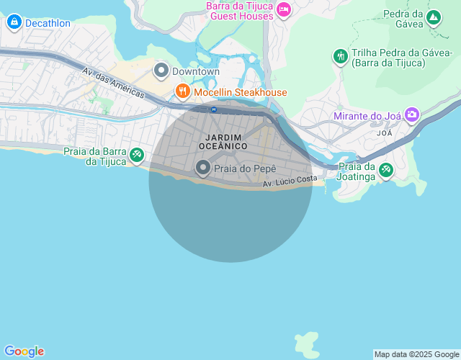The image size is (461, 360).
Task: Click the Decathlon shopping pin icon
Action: (14, 22)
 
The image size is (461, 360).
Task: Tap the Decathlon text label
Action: (48, 23)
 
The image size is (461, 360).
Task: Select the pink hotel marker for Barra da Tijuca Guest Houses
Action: (284, 9)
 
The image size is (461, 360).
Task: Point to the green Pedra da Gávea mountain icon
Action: (433, 17)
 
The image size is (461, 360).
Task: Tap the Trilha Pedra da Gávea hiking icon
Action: (340, 55)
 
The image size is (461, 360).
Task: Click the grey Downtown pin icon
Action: (161, 71)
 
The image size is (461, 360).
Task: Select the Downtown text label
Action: (195, 72)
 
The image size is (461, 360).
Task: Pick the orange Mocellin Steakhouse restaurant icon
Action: (182, 91)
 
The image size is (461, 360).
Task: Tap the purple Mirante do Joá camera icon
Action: (411, 114)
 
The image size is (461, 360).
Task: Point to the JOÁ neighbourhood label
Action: (385, 133)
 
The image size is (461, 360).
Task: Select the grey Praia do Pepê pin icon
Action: (203, 168)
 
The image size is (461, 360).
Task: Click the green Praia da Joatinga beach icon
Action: (386, 170)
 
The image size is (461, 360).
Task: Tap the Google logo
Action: (24, 351)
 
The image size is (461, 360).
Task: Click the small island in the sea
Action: (308, 343)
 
